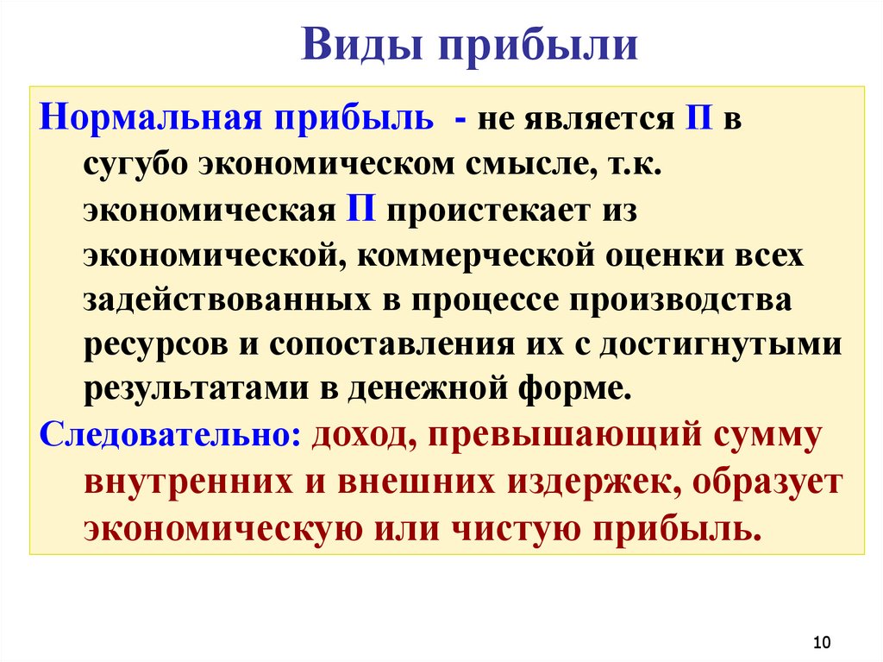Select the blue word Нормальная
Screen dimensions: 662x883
(x=150, y=118)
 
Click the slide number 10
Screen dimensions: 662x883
(x=821, y=642)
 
